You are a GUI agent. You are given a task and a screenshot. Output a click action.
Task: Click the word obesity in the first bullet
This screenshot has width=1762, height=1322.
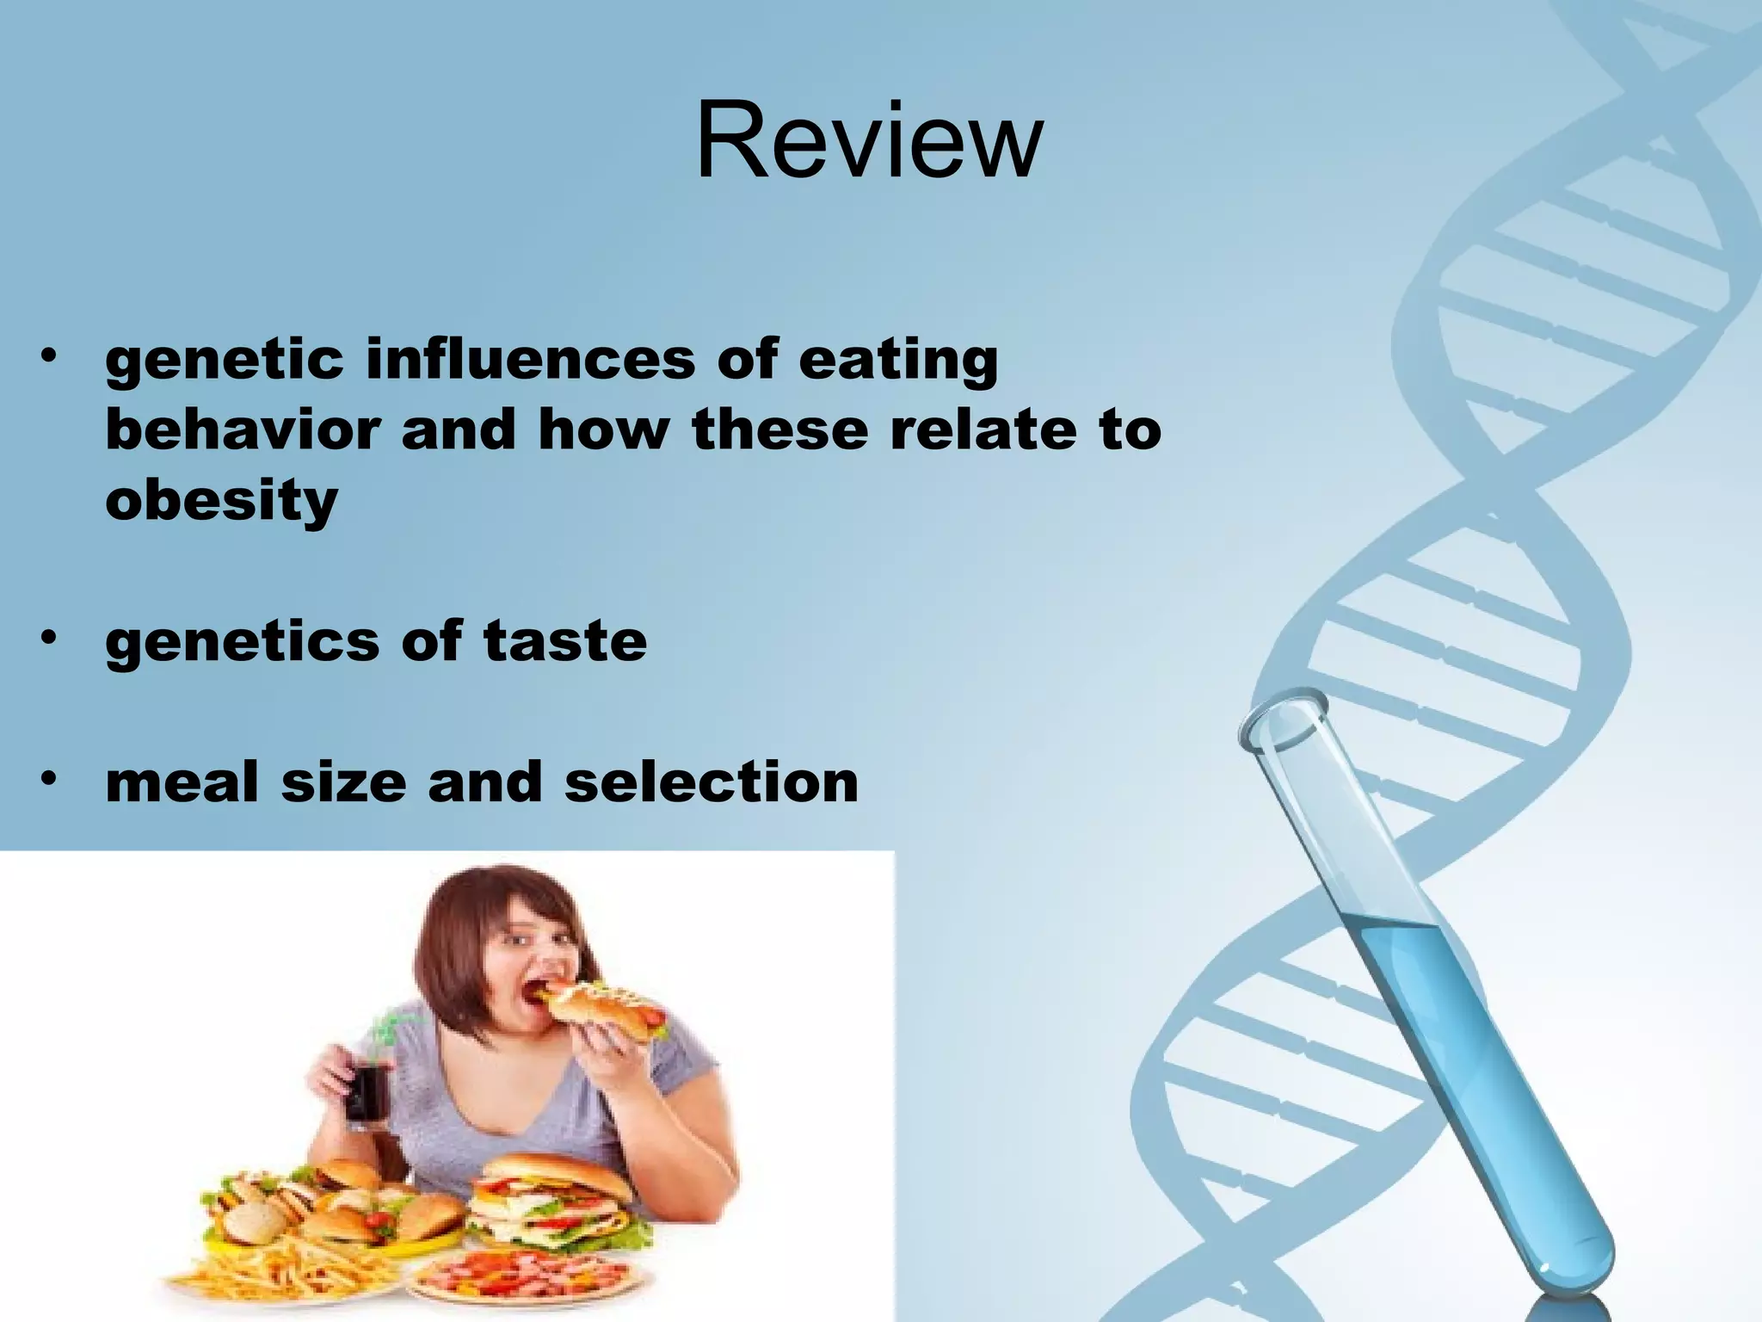221,501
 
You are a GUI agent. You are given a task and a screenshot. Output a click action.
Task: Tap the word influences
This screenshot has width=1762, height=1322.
530,360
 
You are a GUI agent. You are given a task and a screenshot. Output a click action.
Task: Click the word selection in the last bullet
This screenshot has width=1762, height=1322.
712,782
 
